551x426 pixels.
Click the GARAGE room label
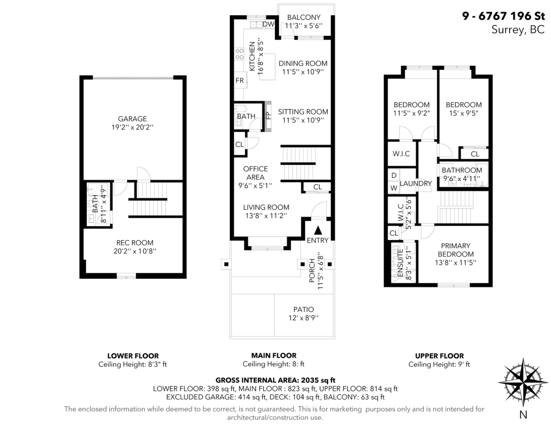pyautogui.click(x=132, y=119)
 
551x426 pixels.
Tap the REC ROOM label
pyautogui.click(x=135, y=243)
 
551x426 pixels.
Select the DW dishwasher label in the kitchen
pyautogui.click(x=268, y=24)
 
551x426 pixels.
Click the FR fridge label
pyautogui.click(x=240, y=80)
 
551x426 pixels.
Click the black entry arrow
pyautogui.click(x=318, y=230)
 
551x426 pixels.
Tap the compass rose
pyautogui.click(x=523, y=383)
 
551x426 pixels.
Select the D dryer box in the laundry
pyautogui.click(x=394, y=175)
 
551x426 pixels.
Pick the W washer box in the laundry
pyautogui.click(x=394, y=188)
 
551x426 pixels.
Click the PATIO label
pyautogui.click(x=304, y=309)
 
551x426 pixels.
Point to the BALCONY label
pyautogui.click(x=304, y=17)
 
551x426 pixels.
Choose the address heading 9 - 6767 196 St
pyautogui.click(x=503, y=16)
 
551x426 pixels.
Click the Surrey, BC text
pyautogui.click(x=518, y=30)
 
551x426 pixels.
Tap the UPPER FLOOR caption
pyautogui.click(x=440, y=356)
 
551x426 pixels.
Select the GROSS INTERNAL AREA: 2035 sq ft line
pyautogui.click(x=275, y=380)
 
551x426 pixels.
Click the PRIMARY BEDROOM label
pyautogui.click(x=456, y=250)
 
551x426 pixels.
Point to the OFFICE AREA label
pyautogui.click(x=255, y=173)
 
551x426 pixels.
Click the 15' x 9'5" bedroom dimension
pyautogui.click(x=464, y=113)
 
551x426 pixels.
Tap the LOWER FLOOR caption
pyautogui.click(x=133, y=356)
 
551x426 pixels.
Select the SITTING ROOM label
pyautogui.click(x=303, y=112)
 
